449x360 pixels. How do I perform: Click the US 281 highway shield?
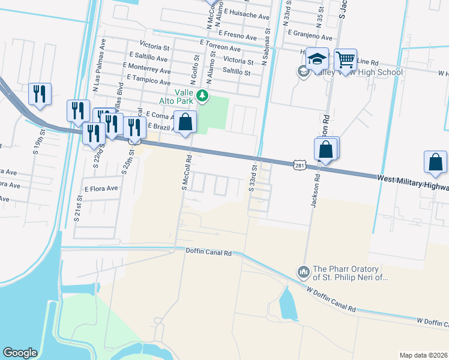300,164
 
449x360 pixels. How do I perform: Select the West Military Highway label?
413,180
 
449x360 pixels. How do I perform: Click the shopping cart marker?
345,60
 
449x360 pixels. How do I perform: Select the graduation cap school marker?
317,59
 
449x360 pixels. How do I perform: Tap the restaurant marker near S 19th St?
40,94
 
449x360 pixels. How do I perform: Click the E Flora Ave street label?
101,188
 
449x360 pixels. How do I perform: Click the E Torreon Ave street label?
220,47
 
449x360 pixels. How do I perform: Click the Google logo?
20,353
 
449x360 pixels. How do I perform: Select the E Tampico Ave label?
148,80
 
